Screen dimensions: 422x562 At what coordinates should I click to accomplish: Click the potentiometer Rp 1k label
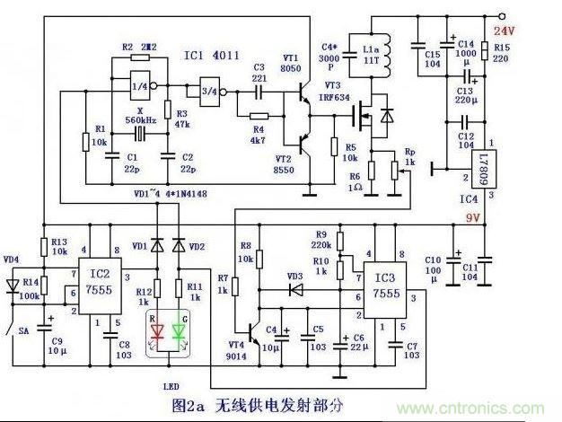410,156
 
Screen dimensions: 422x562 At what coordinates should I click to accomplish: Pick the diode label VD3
295,277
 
